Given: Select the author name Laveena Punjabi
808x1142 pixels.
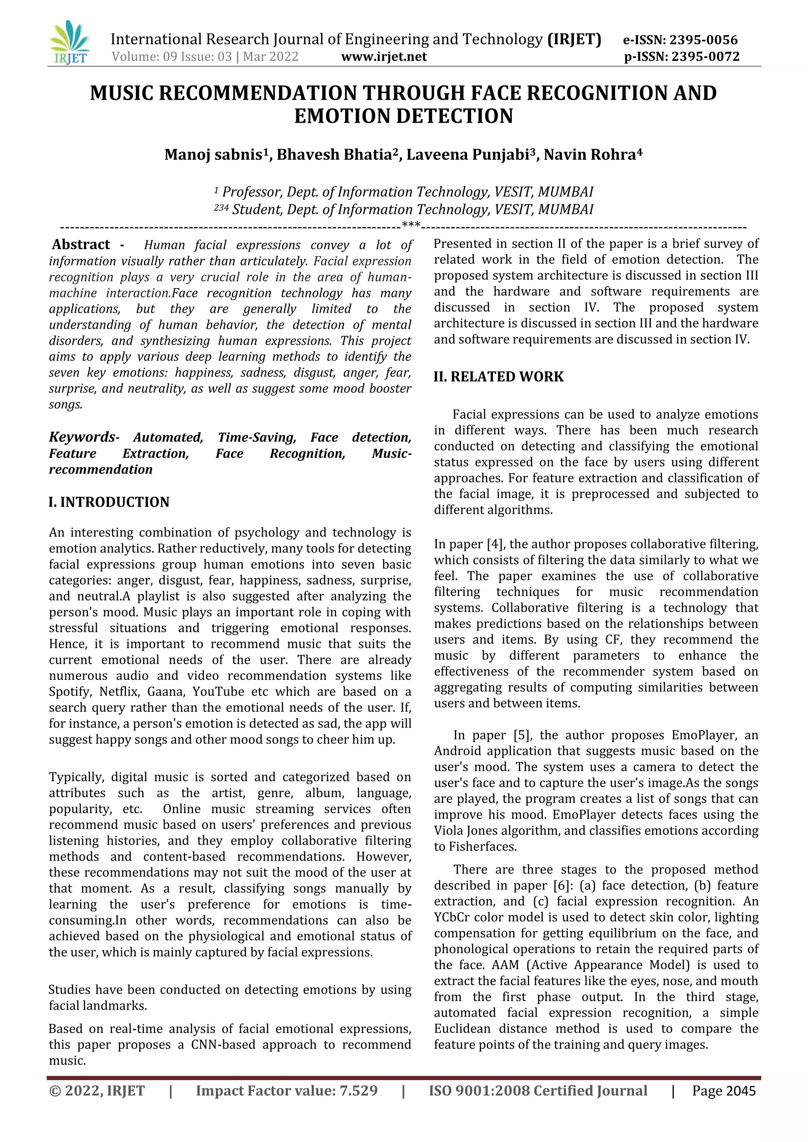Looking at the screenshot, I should [467, 155].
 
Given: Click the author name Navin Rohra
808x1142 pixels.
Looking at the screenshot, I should [589, 155].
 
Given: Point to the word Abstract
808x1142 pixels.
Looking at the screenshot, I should [81, 244].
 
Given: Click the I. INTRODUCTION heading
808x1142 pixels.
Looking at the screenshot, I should [109, 502].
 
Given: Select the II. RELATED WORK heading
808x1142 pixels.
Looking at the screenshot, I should [499, 377].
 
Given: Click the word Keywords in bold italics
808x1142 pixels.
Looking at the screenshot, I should [82, 437].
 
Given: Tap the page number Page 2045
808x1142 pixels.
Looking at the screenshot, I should [724, 1091].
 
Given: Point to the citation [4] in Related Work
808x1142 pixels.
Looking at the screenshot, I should [494, 544].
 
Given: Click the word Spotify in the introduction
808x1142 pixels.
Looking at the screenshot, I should [70, 692].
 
